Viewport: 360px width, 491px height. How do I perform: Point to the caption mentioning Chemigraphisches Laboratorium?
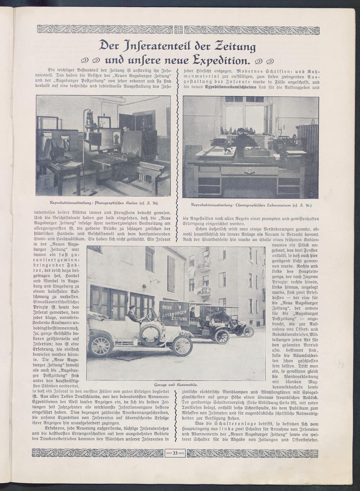tap(251, 205)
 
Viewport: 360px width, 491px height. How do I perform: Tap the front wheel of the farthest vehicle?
tap(249, 332)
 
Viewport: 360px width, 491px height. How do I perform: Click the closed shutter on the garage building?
tap(171, 274)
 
